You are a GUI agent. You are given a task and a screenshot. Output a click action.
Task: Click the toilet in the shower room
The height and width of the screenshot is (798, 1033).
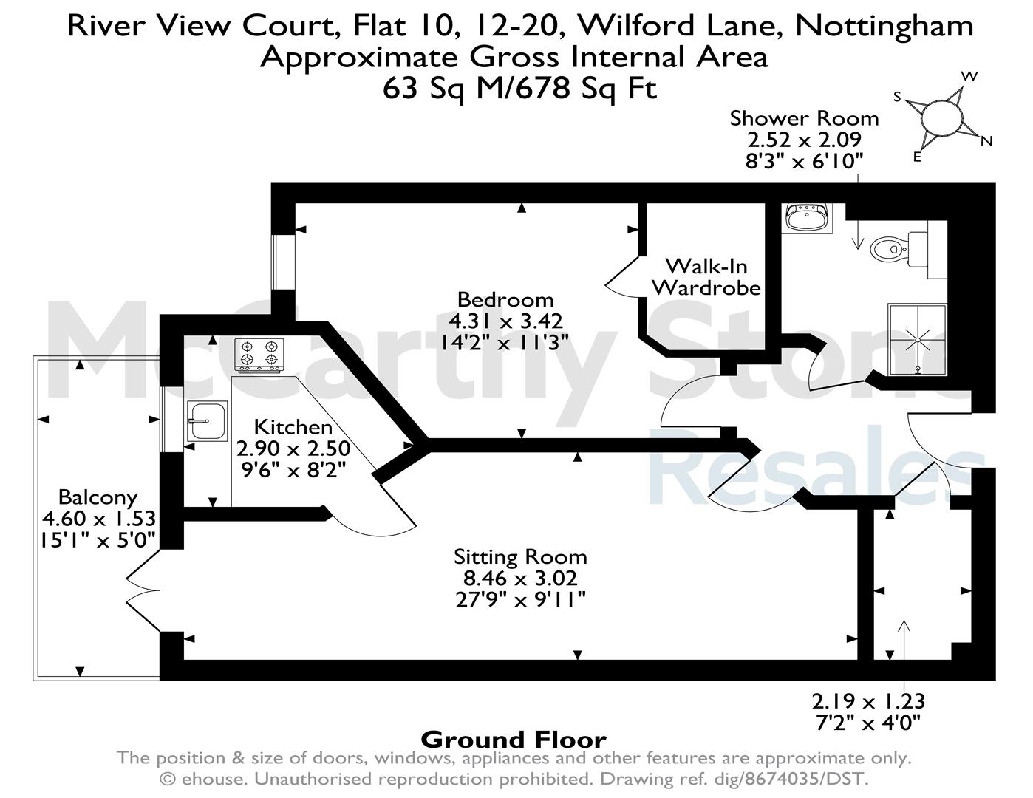click(899, 248)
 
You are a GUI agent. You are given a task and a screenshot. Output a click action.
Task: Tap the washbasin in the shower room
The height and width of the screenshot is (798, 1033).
click(807, 218)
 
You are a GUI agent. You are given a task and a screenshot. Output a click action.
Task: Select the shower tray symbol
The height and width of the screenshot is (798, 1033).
click(918, 340)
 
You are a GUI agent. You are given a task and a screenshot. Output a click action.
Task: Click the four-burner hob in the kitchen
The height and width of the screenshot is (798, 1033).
click(259, 355)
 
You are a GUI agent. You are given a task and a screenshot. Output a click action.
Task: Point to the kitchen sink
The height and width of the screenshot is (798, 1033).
click(207, 420)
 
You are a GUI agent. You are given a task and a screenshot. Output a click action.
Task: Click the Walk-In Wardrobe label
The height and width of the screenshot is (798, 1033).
click(706, 277)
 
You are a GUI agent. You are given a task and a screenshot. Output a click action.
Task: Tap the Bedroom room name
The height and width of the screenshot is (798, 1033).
click(505, 300)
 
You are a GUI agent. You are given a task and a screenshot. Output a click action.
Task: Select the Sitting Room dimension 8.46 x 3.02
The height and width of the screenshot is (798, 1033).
click(520, 579)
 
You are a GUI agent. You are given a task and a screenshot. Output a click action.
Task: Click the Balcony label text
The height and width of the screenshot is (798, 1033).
click(98, 497)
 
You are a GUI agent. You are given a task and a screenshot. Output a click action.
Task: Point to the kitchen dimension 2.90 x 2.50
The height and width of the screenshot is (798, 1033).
click(293, 449)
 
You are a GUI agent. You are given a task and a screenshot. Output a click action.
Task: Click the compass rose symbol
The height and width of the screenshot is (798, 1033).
click(941, 119)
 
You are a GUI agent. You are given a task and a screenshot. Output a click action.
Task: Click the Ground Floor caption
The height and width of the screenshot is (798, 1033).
click(514, 740)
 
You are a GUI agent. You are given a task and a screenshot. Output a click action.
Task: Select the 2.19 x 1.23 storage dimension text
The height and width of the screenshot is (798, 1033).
click(868, 701)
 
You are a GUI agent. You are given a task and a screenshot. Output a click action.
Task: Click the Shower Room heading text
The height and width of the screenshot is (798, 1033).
click(805, 118)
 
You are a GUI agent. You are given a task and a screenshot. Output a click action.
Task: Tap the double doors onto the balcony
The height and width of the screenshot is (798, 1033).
click(143, 591)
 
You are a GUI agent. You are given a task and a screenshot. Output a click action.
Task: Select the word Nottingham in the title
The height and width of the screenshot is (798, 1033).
click(884, 26)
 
